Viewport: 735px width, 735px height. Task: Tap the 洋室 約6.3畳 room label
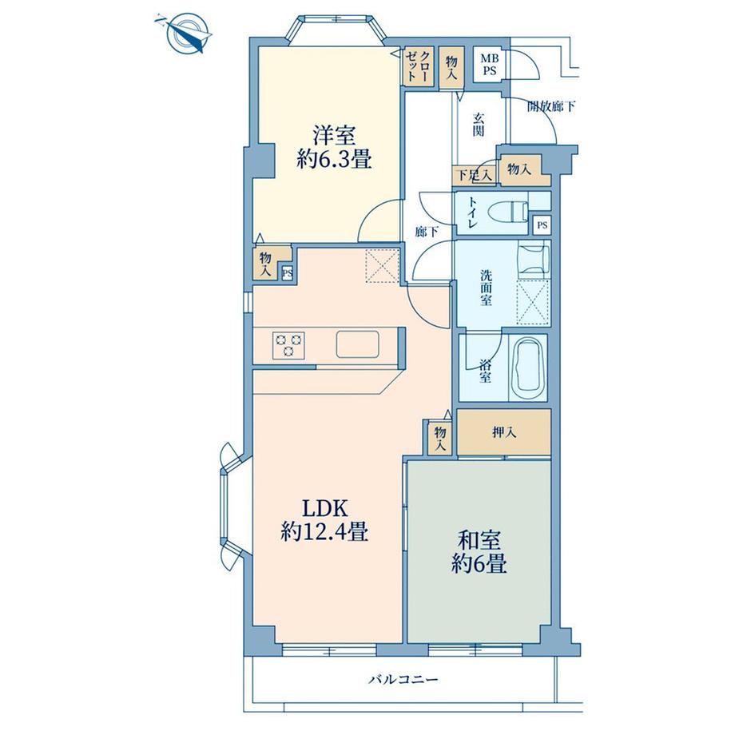coord(334,148)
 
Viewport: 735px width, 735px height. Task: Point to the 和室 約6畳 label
coord(479,552)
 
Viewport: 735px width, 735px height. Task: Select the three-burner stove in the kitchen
coord(288,345)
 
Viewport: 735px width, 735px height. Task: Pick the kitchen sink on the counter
coord(358,344)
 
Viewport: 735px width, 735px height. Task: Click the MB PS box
coord(490,65)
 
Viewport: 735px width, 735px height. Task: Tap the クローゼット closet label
coord(418,66)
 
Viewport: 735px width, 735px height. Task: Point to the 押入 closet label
coord(504,432)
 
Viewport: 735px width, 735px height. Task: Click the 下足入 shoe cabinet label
coord(474,175)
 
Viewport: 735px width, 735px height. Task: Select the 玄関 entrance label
coord(478,124)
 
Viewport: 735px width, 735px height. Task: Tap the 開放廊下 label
coord(551,106)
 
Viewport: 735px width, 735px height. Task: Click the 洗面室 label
coord(486,288)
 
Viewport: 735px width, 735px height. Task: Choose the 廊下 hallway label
coord(427,231)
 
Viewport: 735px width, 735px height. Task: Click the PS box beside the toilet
coord(542,225)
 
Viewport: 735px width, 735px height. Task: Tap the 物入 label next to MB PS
coord(451,68)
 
